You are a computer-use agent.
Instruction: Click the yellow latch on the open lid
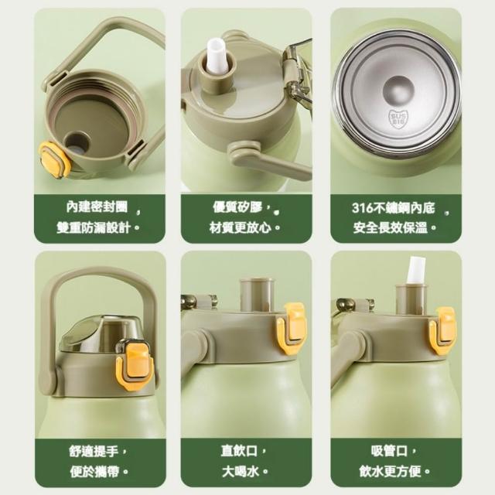pyautogui.click(x=55, y=159)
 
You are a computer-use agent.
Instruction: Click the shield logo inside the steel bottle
pyautogui.click(x=398, y=119)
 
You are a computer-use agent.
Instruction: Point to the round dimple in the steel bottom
pyautogui.click(x=398, y=91)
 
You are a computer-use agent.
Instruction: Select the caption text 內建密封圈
pyautogui.click(x=97, y=207)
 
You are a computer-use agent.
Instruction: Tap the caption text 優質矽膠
pyautogui.click(x=237, y=207)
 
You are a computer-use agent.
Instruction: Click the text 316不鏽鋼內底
pyautogui.click(x=394, y=208)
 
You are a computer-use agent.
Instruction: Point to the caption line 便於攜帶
pyautogui.click(x=94, y=472)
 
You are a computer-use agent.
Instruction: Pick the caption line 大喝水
pyautogui.click(x=241, y=472)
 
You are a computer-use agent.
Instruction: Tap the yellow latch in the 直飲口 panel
pyautogui.click(x=292, y=329)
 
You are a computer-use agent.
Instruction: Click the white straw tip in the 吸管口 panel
pyautogui.click(x=415, y=271)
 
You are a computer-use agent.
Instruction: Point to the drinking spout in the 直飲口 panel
pyautogui.click(x=256, y=295)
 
